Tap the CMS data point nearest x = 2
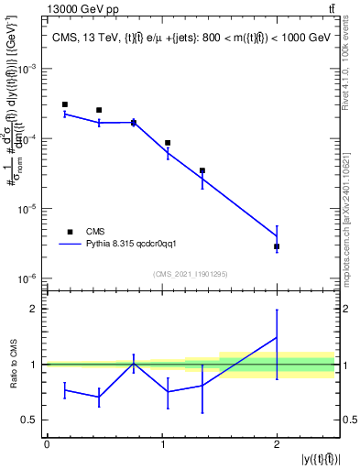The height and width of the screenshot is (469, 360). click(277, 246)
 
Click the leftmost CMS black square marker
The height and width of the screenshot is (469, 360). click(64, 104)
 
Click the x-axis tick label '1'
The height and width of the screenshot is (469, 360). click(162, 443)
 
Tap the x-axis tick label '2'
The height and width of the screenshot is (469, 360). click(277, 443)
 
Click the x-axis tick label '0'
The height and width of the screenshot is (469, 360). click(47, 443)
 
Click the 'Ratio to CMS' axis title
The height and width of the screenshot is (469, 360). click(12, 365)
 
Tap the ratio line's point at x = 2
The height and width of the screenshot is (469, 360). click(277, 337)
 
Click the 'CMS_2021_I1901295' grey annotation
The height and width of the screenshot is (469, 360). click(191, 274)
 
